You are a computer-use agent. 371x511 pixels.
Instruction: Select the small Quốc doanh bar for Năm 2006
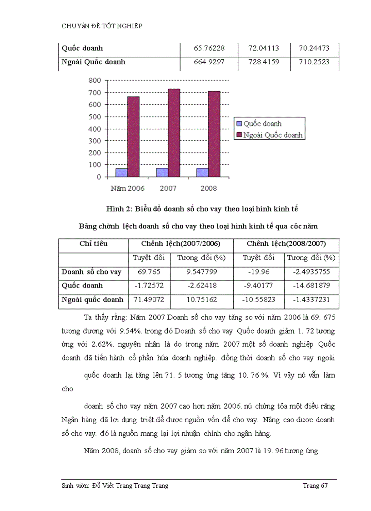click(121, 172)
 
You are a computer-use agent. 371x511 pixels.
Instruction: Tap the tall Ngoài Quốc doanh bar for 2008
click(214, 134)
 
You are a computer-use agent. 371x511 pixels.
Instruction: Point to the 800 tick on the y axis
click(95, 81)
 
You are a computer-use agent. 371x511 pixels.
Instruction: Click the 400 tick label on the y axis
click(95, 129)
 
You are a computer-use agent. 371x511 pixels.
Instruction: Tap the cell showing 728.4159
click(263, 62)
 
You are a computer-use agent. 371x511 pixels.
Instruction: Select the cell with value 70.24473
click(314, 48)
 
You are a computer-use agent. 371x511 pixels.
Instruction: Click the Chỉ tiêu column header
click(93, 244)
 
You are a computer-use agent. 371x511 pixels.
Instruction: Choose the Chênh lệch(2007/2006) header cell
click(180, 244)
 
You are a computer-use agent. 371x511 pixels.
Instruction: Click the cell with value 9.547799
click(201, 272)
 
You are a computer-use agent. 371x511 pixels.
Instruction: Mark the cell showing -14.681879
click(311, 286)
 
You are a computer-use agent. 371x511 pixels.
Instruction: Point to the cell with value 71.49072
click(149, 299)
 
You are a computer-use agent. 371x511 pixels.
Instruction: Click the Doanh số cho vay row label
click(91, 272)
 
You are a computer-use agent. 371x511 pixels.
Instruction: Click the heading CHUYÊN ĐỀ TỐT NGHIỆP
click(102, 26)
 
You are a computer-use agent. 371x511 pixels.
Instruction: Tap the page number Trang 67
click(315, 486)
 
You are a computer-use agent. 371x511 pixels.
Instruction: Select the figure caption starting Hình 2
click(202, 209)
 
